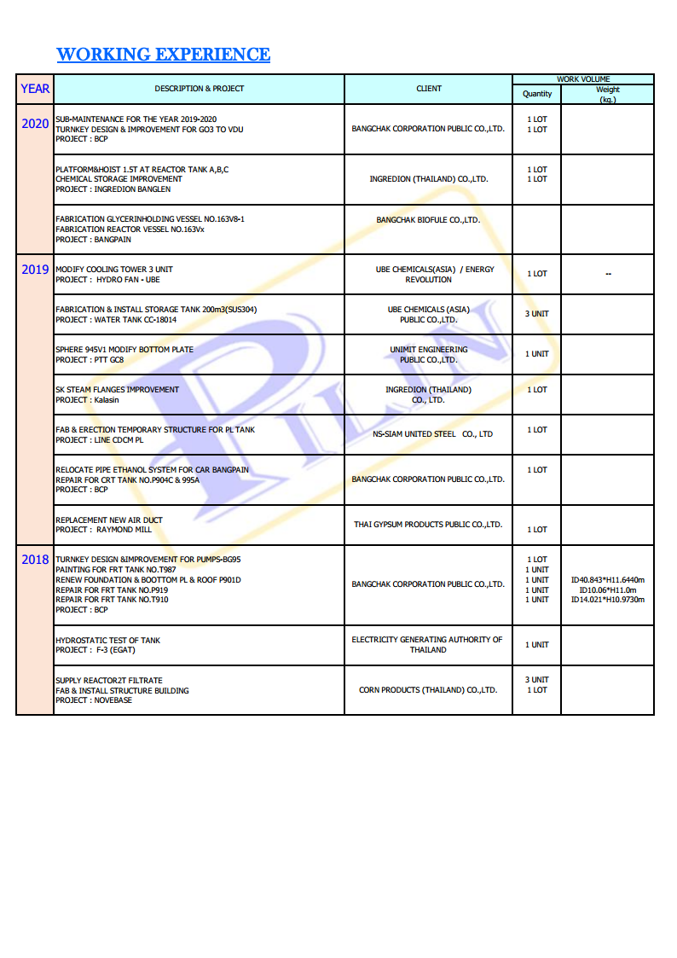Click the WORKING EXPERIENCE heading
(163, 55)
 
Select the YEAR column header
(35, 89)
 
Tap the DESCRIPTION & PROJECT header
(199, 89)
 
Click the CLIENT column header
(429, 89)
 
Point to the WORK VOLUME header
(583, 79)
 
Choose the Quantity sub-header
(537, 94)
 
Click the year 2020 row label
(35, 124)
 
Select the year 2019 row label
(35, 270)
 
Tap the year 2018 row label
(35, 560)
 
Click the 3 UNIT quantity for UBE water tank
(537, 314)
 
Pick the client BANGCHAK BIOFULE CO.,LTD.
(428, 220)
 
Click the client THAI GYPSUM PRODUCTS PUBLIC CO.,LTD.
(428, 525)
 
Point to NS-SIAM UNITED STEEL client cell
(432, 434)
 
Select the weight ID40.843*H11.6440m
(607, 580)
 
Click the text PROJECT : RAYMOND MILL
(103, 530)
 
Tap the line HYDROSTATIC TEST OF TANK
(107, 641)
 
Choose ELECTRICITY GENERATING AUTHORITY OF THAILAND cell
(427, 645)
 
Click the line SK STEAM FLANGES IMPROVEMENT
(117, 390)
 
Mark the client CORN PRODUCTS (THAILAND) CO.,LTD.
(428, 690)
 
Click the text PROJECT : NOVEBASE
(95, 700)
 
